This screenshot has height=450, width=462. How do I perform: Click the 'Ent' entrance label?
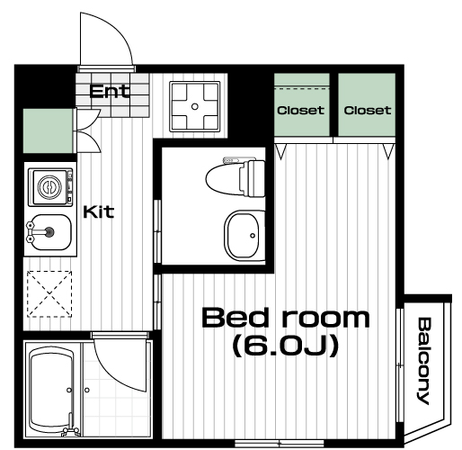click(110, 91)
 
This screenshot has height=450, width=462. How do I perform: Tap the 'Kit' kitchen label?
click(99, 211)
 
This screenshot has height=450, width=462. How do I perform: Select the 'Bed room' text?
click(286, 318)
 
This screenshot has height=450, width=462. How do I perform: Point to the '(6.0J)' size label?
click(286, 346)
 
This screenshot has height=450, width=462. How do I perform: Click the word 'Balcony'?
click(424, 361)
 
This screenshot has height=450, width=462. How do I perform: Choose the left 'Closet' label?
click(300, 110)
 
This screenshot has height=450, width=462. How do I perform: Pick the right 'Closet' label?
click(368, 110)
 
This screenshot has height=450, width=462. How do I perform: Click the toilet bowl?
click(235, 178)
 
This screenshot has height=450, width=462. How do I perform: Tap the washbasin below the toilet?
click(244, 236)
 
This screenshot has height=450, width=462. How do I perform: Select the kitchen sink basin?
click(49, 232)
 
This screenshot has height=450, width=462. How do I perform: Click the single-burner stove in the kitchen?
click(50, 187)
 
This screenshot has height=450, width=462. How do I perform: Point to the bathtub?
click(51, 390)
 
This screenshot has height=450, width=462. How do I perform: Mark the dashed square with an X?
click(49, 294)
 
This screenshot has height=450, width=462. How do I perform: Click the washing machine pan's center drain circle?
click(195, 106)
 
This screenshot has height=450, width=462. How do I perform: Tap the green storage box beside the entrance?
click(48, 130)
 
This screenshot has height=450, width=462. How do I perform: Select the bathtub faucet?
click(71, 427)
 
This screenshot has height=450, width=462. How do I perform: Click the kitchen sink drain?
click(49, 231)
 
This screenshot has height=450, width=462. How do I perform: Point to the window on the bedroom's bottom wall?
click(280, 443)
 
